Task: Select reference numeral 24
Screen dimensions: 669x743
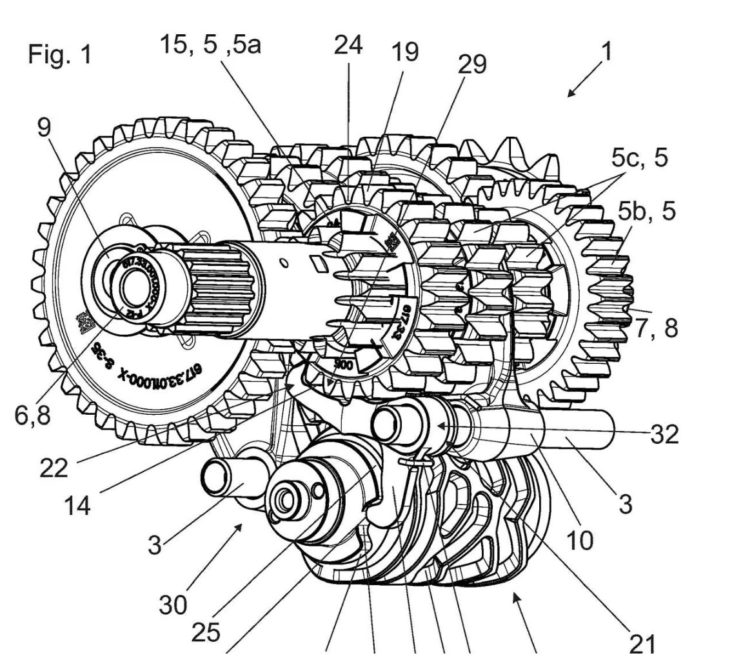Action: (348, 45)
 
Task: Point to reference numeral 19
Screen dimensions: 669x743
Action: (405, 52)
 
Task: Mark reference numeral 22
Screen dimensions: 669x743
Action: (53, 467)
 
